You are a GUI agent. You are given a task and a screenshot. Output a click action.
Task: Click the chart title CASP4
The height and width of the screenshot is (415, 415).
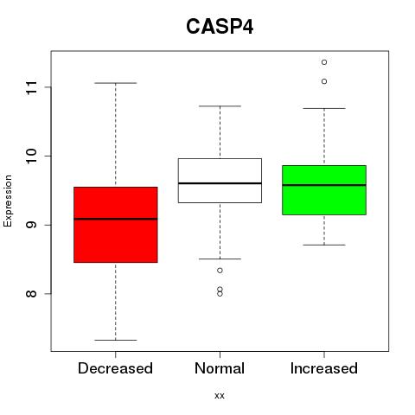(x=220, y=27)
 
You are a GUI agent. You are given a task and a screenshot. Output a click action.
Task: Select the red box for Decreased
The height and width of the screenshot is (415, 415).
(x=116, y=225)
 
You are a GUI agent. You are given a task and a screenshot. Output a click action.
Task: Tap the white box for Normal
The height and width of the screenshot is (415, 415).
(x=220, y=181)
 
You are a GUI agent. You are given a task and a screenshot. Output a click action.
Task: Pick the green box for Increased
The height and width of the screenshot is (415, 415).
(x=324, y=190)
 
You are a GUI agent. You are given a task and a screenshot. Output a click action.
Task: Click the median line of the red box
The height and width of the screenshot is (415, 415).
(x=116, y=219)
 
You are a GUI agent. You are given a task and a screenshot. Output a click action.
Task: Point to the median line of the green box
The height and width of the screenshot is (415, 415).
(x=324, y=185)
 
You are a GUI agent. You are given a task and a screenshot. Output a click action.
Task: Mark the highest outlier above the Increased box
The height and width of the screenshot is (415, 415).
(x=324, y=62)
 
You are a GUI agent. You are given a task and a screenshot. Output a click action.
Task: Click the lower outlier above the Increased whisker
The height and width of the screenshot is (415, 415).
(x=324, y=81)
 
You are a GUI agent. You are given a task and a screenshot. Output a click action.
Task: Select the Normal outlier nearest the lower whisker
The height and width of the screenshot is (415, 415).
(x=220, y=271)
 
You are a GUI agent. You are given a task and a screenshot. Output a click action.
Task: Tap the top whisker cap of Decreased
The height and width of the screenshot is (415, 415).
(x=116, y=83)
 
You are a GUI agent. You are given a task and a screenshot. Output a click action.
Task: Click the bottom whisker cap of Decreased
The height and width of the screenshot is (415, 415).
(x=116, y=340)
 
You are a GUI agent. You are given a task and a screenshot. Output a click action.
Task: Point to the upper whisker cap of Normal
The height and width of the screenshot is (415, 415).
(x=220, y=106)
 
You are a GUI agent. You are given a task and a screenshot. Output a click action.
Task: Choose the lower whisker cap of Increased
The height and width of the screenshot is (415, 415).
(x=324, y=245)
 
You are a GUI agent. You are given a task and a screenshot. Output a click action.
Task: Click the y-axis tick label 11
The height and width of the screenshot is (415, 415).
(x=31, y=87)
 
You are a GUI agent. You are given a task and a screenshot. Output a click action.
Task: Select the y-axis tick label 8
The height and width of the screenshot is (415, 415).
(x=31, y=294)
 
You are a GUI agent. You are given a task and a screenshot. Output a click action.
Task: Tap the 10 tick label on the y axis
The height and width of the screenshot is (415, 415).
(x=31, y=156)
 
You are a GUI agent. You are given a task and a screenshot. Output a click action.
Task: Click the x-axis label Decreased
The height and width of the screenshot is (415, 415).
(x=115, y=368)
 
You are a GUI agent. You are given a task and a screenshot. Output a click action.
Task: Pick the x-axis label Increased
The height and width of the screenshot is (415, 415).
(x=324, y=368)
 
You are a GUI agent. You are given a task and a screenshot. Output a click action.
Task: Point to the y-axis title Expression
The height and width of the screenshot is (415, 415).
(x=8, y=201)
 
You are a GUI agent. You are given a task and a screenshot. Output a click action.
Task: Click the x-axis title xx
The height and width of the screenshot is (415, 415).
(x=220, y=396)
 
